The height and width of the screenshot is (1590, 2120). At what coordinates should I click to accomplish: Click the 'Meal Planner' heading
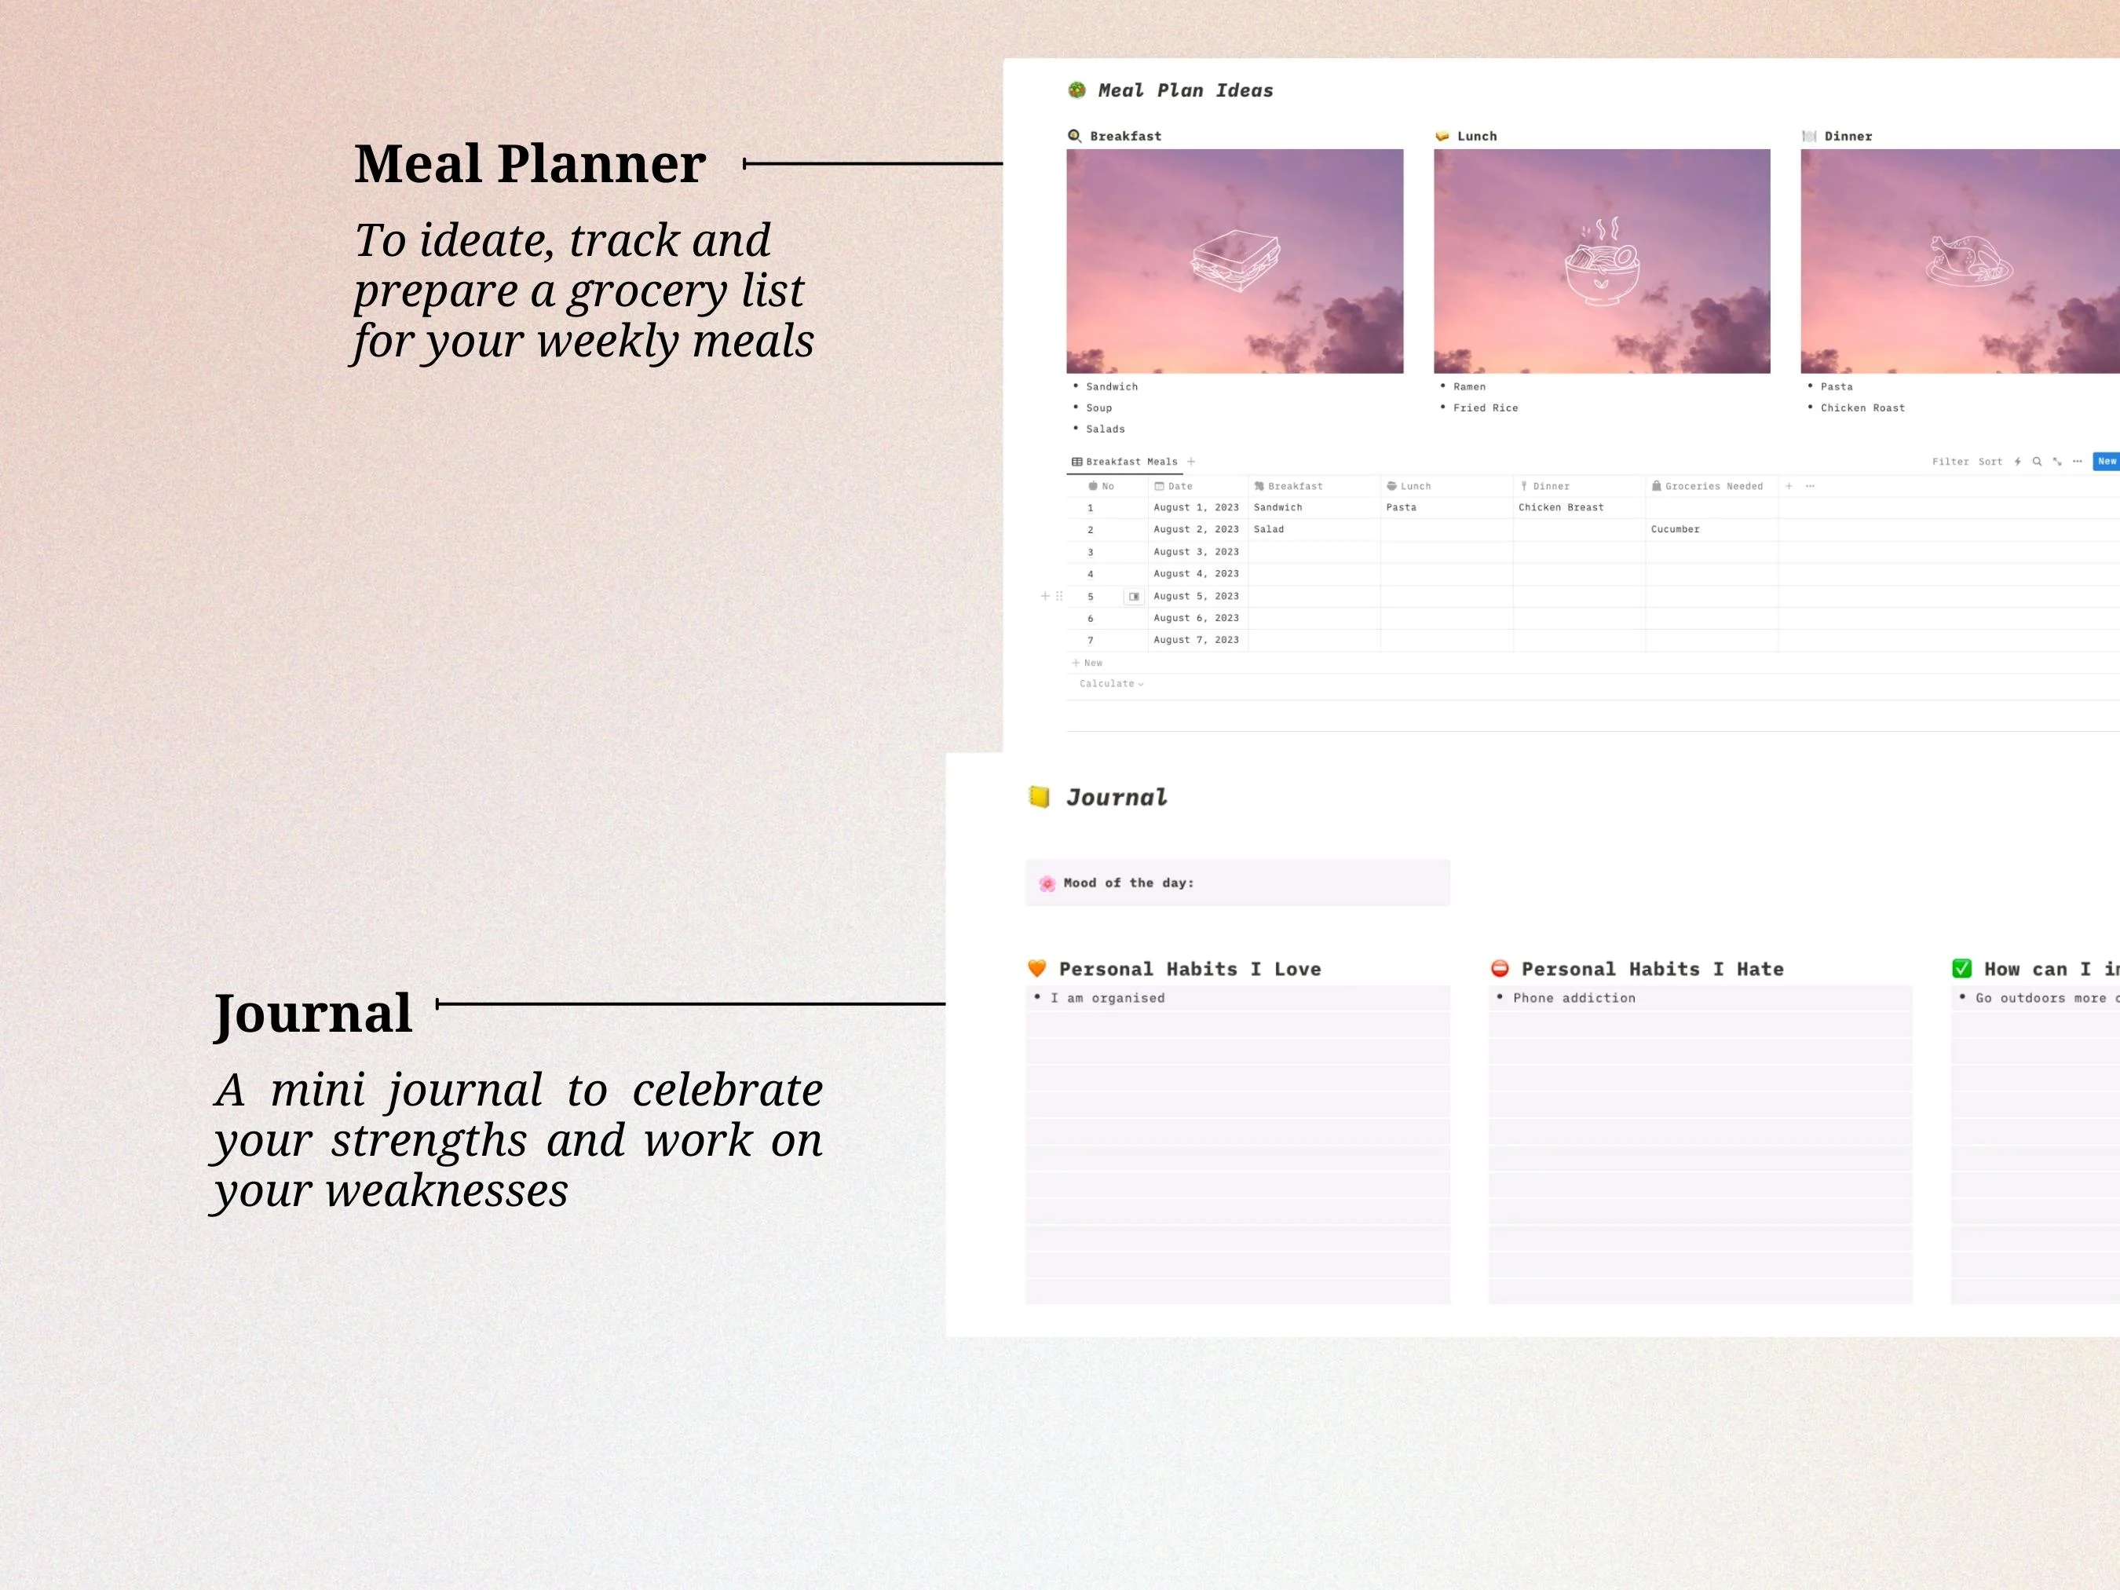[530, 164]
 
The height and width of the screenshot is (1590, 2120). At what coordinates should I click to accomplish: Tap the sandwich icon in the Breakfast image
[1235, 261]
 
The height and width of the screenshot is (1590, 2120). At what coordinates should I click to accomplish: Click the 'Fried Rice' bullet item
[1486, 408]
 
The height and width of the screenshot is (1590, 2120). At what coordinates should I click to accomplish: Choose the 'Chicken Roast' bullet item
[1862, 408]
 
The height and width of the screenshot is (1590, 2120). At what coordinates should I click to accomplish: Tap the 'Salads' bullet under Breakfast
[1105, 429]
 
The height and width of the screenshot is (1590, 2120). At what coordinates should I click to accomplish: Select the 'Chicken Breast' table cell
[1560, 507]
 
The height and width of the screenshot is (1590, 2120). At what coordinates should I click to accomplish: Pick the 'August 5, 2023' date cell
[1196, 596]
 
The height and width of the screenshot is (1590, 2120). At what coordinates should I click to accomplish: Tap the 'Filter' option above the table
[1950, 462]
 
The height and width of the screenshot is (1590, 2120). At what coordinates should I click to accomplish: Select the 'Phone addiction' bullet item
[1574, 998]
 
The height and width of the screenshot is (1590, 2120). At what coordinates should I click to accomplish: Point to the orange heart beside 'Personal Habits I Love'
[1037, 969]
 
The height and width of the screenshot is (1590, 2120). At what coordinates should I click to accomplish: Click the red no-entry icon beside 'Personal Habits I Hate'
[1500, 969]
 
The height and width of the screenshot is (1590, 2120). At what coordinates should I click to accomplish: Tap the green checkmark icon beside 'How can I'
[1962, 969]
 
